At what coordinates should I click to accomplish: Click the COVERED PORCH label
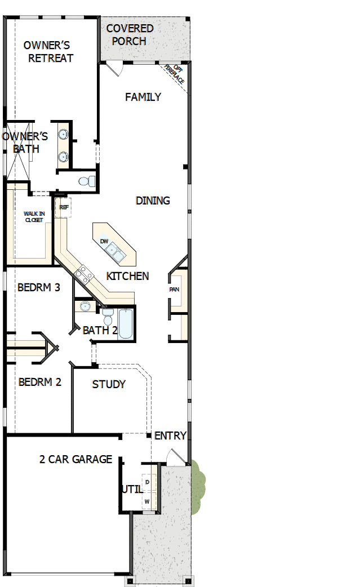tap(130, 34)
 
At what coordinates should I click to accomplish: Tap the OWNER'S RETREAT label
tap(48, 51)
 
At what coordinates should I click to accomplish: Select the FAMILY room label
tap(143, 97)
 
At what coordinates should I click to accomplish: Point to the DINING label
tap(153, 201)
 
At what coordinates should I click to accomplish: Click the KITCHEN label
tap(128, 275)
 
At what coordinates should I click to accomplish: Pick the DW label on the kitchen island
tap(104, 241)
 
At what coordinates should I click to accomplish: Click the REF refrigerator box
tap(64, 207)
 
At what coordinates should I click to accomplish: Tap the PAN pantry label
tap(175, 290)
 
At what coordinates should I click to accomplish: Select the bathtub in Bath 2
tap(125, 324)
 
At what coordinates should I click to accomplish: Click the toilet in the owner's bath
tap(85, 181)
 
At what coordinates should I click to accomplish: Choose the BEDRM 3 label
tap(39, 287)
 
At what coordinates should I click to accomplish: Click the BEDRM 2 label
tap(40, 382)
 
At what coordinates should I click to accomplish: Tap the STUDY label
tap(109, 384)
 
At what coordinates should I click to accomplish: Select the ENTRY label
tap(170, 435)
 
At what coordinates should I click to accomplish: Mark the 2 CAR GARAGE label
tap(75, 459)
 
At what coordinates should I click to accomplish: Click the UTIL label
tap(132, 489)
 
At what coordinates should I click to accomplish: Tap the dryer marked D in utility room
tap(147, 483)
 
